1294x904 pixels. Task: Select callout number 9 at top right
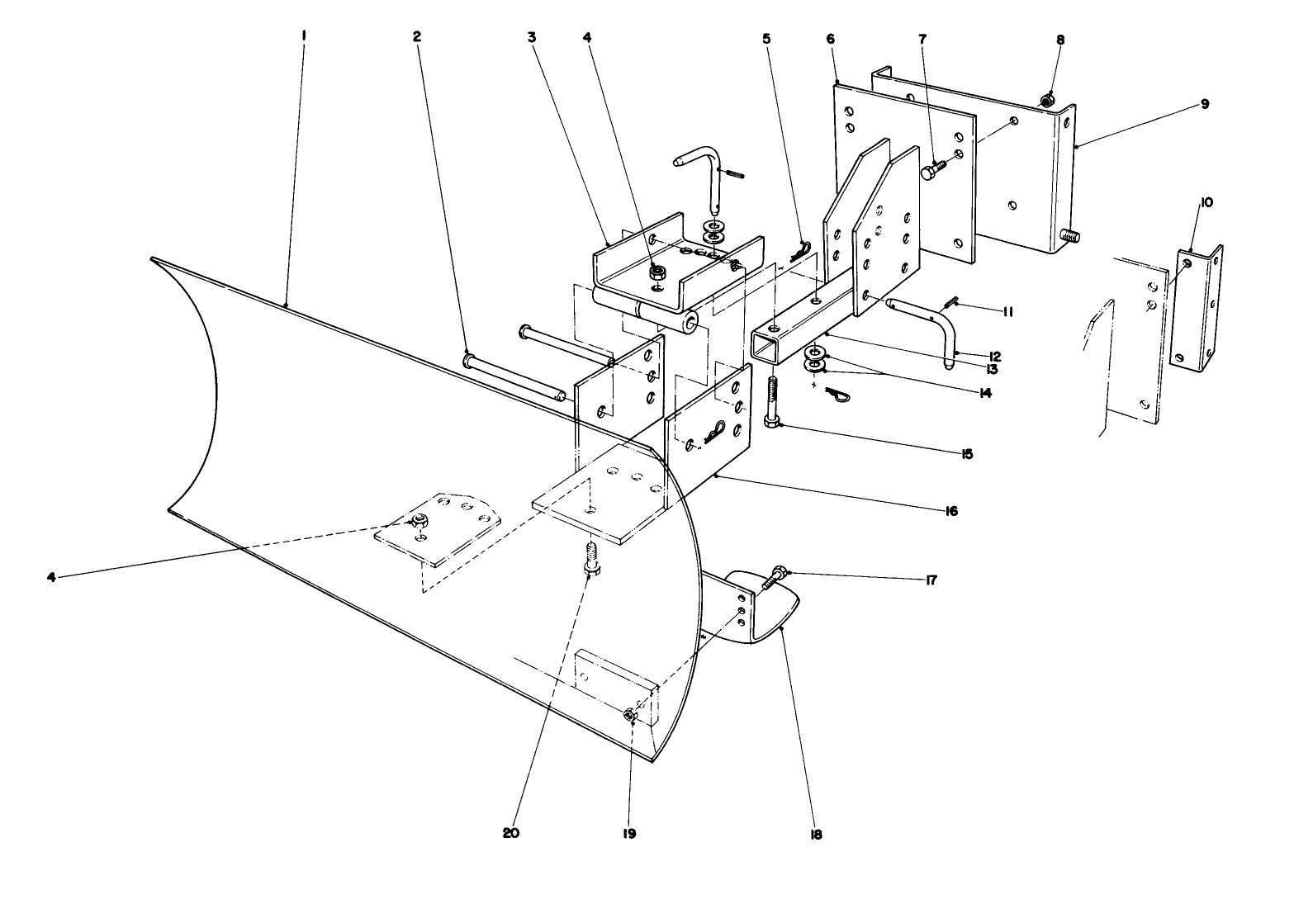tap(1205, 104)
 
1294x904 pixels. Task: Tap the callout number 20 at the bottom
tap(511, 833)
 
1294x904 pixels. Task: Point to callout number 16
tap(950, 511)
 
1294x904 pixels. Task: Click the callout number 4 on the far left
tap(51, 577)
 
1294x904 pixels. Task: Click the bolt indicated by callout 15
tap(773, 401)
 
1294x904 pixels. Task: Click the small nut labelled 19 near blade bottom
tap(630, 714)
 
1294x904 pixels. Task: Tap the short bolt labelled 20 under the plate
tap(591, 558)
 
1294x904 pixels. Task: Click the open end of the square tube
tap(768, 346)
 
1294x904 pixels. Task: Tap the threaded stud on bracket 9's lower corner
tap(1072, 236)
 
